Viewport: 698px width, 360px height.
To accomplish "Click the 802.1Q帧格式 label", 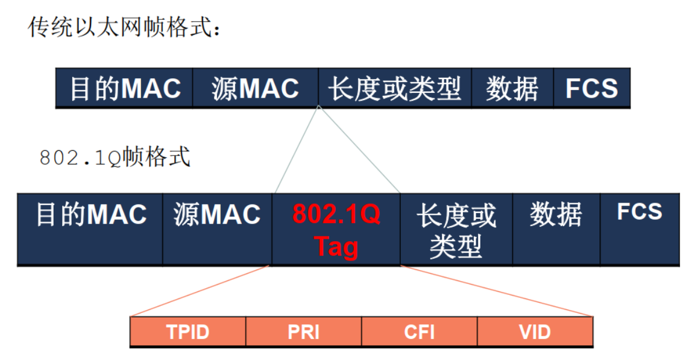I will [x=115, y=158].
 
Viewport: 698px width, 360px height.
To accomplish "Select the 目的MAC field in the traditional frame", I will [x=125, y=89].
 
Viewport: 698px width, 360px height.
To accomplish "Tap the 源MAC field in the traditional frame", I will [x=256, y=89].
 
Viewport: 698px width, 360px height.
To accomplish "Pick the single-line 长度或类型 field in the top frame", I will [x=394, y=89].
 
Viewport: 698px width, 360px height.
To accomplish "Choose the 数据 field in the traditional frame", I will [x=512, y=89].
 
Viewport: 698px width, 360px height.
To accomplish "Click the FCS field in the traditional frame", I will [x=591, y=89].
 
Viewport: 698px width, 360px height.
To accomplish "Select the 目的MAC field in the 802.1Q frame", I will [x=90, y=229].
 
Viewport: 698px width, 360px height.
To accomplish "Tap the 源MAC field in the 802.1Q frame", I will [x=217, y=229].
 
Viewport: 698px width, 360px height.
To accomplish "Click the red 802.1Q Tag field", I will [x=336, y=229].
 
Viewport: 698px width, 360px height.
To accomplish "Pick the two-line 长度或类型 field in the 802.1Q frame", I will [x=456, y=229].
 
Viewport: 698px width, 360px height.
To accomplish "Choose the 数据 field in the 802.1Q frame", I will [x=556, y=229].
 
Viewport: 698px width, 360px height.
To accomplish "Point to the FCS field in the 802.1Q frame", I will [x=640, y=229].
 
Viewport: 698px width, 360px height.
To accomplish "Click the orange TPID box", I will [x=188, y=332].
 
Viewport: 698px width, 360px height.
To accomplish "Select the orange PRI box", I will [x=304, y=332].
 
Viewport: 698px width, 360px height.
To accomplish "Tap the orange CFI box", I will [x=420, y=332].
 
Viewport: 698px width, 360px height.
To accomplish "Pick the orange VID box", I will [x=535, y=332].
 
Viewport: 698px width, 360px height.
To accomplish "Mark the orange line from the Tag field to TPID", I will [x=201, y=291].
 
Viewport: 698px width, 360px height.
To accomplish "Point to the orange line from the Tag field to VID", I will [x=497, y=291].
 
